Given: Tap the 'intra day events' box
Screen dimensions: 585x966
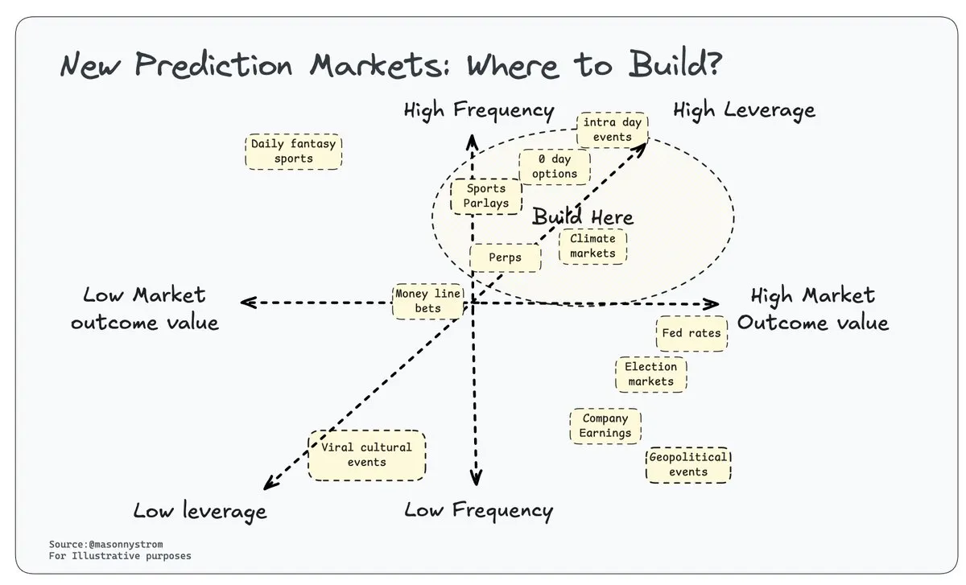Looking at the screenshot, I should (613, 130).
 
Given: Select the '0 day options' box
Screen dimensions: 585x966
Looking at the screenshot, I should (555, 167).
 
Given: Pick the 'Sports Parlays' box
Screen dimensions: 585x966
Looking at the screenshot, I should (485, 196).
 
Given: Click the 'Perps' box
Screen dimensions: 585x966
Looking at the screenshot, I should (505, 257).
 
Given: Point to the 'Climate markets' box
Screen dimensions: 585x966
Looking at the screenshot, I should (592, 246).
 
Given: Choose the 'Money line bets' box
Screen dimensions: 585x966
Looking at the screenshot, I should (428, 301).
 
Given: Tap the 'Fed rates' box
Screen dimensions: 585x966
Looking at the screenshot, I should (691, 332).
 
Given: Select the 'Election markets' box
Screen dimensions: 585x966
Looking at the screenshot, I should (650, 374).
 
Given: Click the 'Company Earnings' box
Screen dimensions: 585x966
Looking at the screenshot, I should (605, 426).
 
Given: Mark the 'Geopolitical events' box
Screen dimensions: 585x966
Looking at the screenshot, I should (688, 464).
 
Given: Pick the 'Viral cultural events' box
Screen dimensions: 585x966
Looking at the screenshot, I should (366, 455).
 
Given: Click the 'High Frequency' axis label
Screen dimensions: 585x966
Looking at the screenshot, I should (479, 110).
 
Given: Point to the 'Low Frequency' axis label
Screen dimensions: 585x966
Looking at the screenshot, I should (479, 509).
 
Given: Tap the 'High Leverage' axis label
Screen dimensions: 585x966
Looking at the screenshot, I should (744, 110).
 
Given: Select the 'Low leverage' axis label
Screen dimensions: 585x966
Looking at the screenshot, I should (200, 511).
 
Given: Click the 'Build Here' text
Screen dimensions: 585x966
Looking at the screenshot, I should (583, 217).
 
